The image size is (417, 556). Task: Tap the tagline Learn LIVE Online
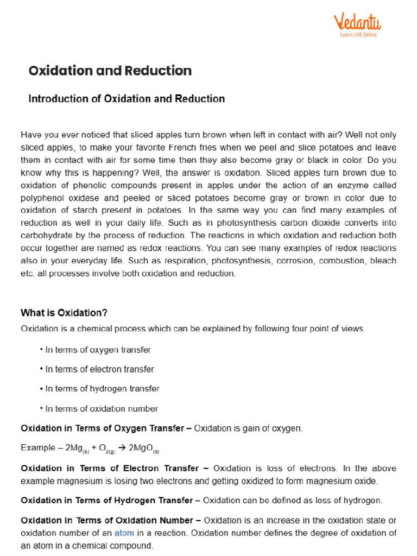point(358,35)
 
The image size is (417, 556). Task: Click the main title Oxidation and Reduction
point(110,71)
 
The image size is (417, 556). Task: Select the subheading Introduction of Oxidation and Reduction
point(126,99)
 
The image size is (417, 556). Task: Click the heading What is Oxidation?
point(64,313)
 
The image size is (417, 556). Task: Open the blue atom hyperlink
point(123,533)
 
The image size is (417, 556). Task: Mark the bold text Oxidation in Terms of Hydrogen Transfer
point(106,500)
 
